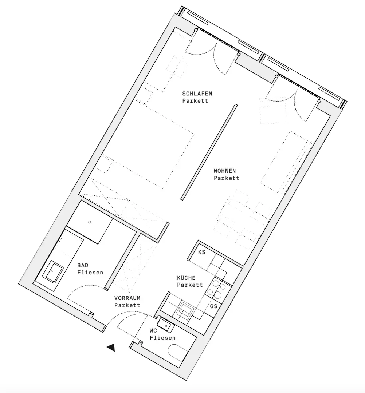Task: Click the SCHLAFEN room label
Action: [197, 94]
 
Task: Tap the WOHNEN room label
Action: [225, 171]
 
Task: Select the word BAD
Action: [83, 266]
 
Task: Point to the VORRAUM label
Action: [127, 298]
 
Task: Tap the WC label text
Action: [153, 331]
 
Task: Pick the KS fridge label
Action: [202, 252]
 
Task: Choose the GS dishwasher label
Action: [213, 306]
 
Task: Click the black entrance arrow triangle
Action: [111, 348]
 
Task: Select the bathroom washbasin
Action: [53, 271]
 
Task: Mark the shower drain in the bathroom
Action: [90, 222]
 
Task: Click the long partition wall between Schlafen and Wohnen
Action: [209, 152]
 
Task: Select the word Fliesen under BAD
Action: [90, 273]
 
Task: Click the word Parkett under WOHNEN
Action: [227, 178]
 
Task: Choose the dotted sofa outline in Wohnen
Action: [286, 162]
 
